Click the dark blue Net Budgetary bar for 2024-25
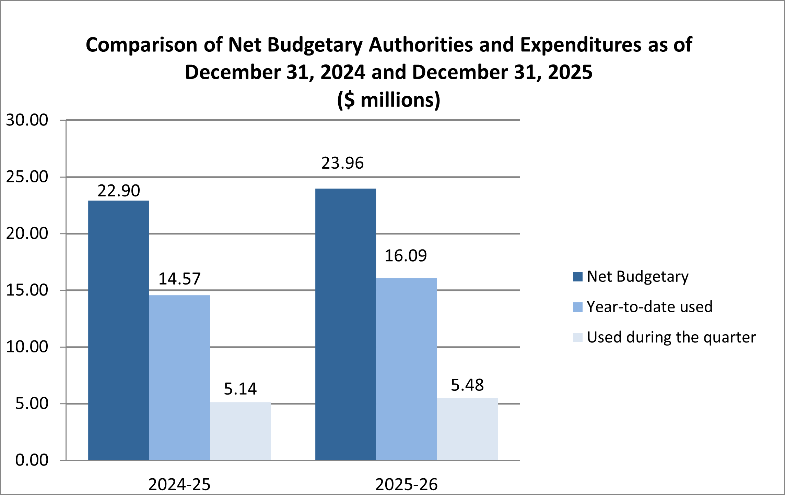(118, 330)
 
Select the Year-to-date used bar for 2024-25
(179, 377)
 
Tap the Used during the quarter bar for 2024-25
(240, 431)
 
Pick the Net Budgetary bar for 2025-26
(345, 324)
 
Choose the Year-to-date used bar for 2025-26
(406, 369)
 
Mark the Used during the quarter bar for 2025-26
(467, 429)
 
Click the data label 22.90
(119, 191)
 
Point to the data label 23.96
(342, 163)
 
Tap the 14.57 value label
(179, 279)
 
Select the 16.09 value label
(406, 256)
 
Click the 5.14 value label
(240, 389)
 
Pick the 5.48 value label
(467, 385)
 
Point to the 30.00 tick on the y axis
(27, 120)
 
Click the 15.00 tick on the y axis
(27, 290)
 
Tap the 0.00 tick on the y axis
(32, 460)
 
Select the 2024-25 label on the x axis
(179, 484)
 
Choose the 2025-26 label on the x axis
(407, 484)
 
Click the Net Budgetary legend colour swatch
(578, 277)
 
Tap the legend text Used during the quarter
(671, 337)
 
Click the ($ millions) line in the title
(389, 100)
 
